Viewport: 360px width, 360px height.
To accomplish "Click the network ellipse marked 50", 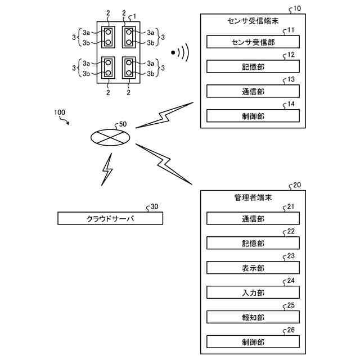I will (110, 137).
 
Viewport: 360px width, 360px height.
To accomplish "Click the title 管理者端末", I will (253, 197).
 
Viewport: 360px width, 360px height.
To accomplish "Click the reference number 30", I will (154, 206).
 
